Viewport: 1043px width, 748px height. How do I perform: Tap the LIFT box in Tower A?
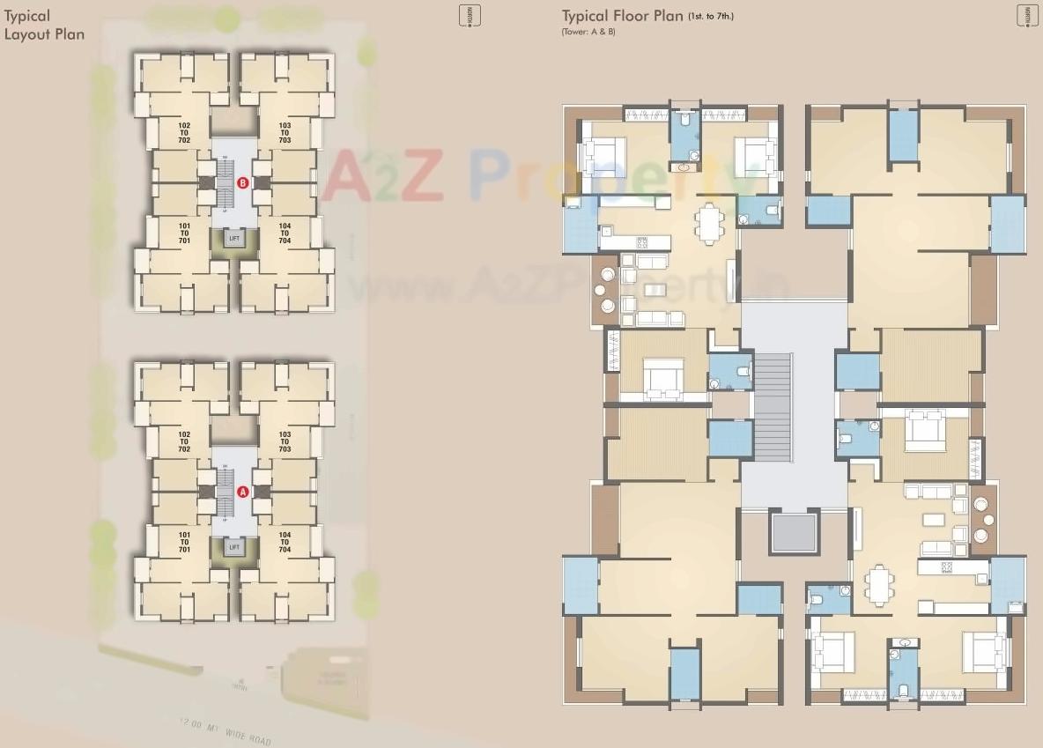pos(233,547)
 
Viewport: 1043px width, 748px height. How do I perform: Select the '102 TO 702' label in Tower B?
pos(183,133)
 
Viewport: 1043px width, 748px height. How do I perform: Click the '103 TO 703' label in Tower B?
pos(284,133)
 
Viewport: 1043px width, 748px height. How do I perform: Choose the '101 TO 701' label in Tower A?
pos(183,542)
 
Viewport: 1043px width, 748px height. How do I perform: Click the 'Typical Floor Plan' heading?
pos(622,16)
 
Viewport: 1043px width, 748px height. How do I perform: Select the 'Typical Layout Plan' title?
pos(44,25)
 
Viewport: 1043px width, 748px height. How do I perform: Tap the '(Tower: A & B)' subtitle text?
pos(588,32)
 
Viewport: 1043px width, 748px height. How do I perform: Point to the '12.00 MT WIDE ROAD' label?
pos(224,729)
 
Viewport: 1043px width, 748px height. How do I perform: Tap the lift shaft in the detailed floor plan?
pos(794,533)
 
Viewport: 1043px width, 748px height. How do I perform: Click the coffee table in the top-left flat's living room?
pos(654,290)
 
